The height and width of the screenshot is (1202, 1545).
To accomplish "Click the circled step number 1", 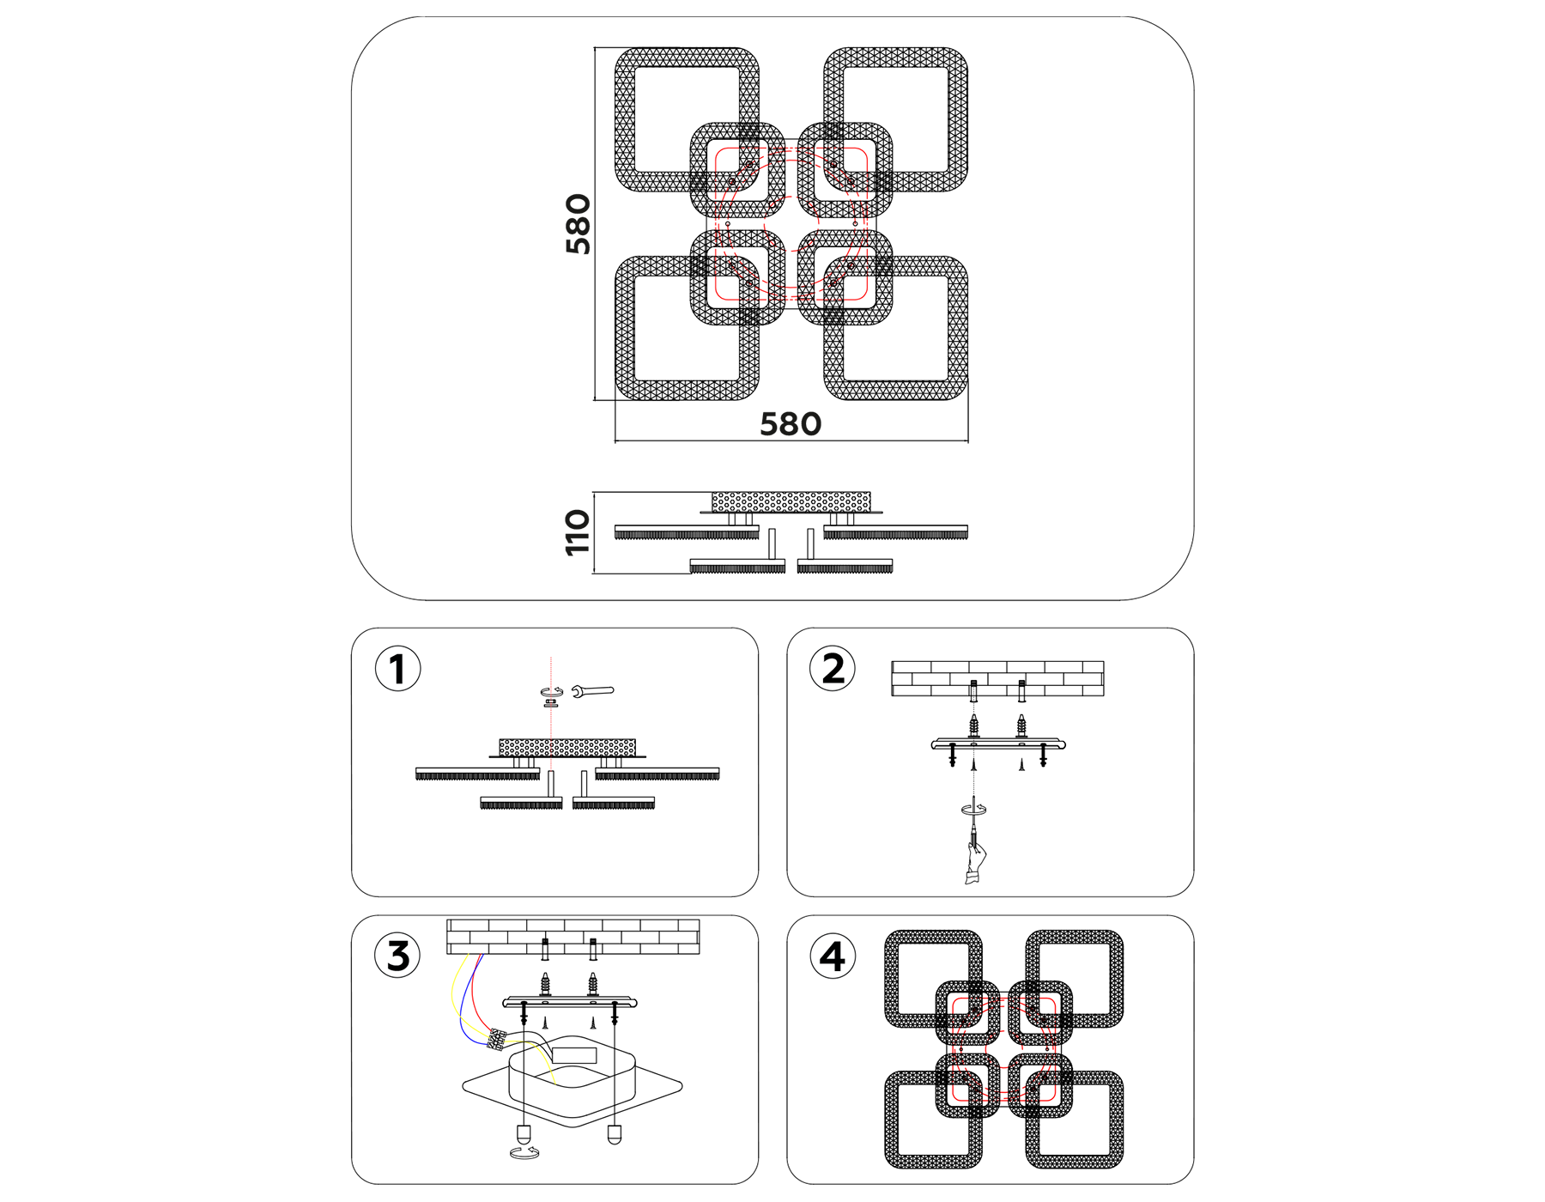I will [397, 670].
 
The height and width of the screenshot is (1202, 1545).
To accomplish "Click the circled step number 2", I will [833, 670].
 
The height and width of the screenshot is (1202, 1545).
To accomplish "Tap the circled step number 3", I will [397, 956].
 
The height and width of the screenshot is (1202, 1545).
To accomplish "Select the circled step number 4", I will [833, 956].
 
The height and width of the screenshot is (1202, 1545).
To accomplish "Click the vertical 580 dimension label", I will [579, 224].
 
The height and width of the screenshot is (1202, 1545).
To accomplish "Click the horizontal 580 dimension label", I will [791, 424].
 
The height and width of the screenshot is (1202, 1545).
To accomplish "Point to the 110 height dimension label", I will [578, 532].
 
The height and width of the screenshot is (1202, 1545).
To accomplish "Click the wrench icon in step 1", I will [593, 690].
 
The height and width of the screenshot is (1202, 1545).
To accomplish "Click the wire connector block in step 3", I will [496, 1039].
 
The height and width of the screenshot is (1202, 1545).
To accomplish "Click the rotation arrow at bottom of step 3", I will [523, 1152].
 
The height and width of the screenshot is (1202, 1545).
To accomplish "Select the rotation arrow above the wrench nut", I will [551, 691].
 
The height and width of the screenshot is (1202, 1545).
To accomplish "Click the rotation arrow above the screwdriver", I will [973, 809].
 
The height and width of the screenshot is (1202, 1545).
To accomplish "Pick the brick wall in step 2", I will [997, 678].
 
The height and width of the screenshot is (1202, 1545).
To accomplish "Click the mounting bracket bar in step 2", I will [998, 744].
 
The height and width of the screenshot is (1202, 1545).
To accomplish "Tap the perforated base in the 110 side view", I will [791, 502].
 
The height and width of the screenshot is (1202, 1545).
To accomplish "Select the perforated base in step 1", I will [567, 747].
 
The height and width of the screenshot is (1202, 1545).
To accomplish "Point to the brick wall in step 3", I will [573, 937].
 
